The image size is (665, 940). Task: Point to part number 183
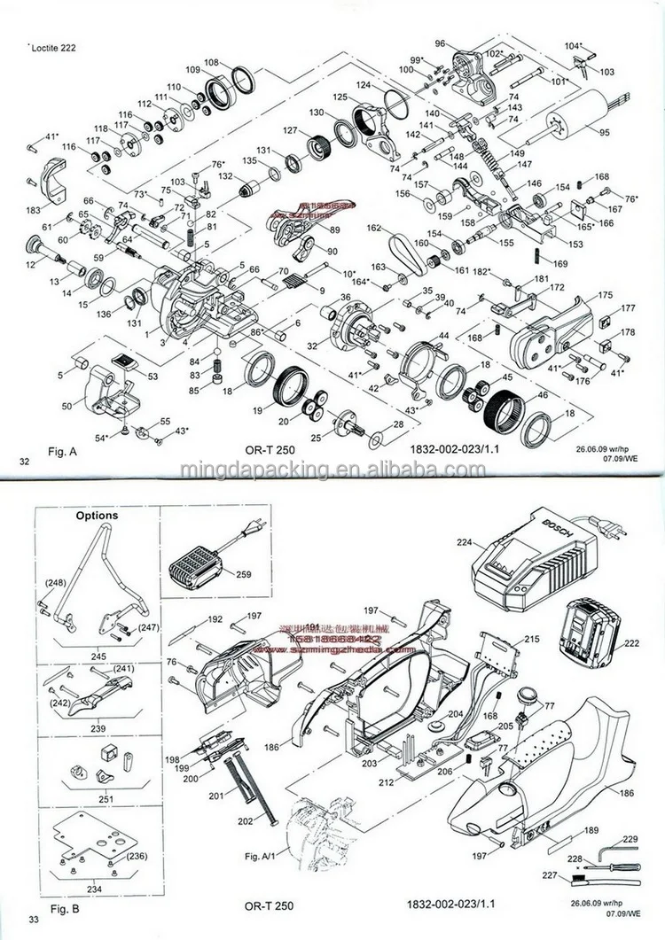pyautogui.click(x=34, y=210)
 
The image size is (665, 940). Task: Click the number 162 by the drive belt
pyautogui.click(x=373, y=228)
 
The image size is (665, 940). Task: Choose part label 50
pyautogui.click(x=66, y=405)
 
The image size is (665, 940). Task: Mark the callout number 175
pyautogui.click(x=605, y=295)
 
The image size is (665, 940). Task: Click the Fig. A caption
pyautogui.click(x=63, y=451)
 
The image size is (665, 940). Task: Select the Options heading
pyautogui.click(x=97, y=515)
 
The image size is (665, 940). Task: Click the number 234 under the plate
pyautogui.click(x=93, y=889)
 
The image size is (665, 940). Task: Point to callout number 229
pyautogui.click(x=630, y=839)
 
